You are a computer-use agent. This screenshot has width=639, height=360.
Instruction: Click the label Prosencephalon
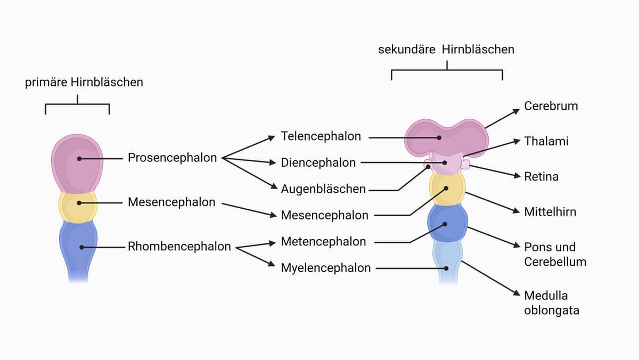click(x=173, y=158)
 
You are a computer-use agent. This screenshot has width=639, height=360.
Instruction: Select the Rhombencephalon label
click(x=179, y=247)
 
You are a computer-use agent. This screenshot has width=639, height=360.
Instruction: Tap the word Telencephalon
click(x=321, y=136)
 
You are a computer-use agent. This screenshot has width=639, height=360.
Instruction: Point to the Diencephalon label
click(x=318, y=162)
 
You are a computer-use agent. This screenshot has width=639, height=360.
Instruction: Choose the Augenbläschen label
click(x=323, y=189)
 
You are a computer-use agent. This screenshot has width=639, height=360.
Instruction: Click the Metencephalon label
click(x=323, y=242)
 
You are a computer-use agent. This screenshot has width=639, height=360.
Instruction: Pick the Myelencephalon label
click(x=326, y=268)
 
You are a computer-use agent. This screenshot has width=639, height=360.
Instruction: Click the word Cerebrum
click(x=551, y=106)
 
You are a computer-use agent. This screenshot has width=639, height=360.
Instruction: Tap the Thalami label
click(x=546, y=141)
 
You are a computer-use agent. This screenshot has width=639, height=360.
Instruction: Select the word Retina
click(x=542, y=177)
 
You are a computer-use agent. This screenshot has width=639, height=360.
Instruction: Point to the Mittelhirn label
click(x=550, y=212)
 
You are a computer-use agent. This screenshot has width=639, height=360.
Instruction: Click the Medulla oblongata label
click(x=552, y=303)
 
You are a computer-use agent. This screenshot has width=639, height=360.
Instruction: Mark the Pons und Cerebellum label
click(x=555, y=255)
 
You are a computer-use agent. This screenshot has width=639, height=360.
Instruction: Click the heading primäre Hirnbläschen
click(x=84, y=83)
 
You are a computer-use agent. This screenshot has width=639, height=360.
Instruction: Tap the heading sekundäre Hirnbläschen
click(x=446, y=50)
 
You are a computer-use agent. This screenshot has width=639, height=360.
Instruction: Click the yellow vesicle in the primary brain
click(x=78, y=207)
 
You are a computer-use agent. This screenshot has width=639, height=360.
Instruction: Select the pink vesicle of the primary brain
click(x=77, y=163)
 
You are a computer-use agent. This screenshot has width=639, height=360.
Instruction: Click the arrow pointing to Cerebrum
click(x=502, y=118)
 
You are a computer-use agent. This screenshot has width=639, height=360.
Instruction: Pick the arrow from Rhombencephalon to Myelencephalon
click(x=256, y=257)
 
